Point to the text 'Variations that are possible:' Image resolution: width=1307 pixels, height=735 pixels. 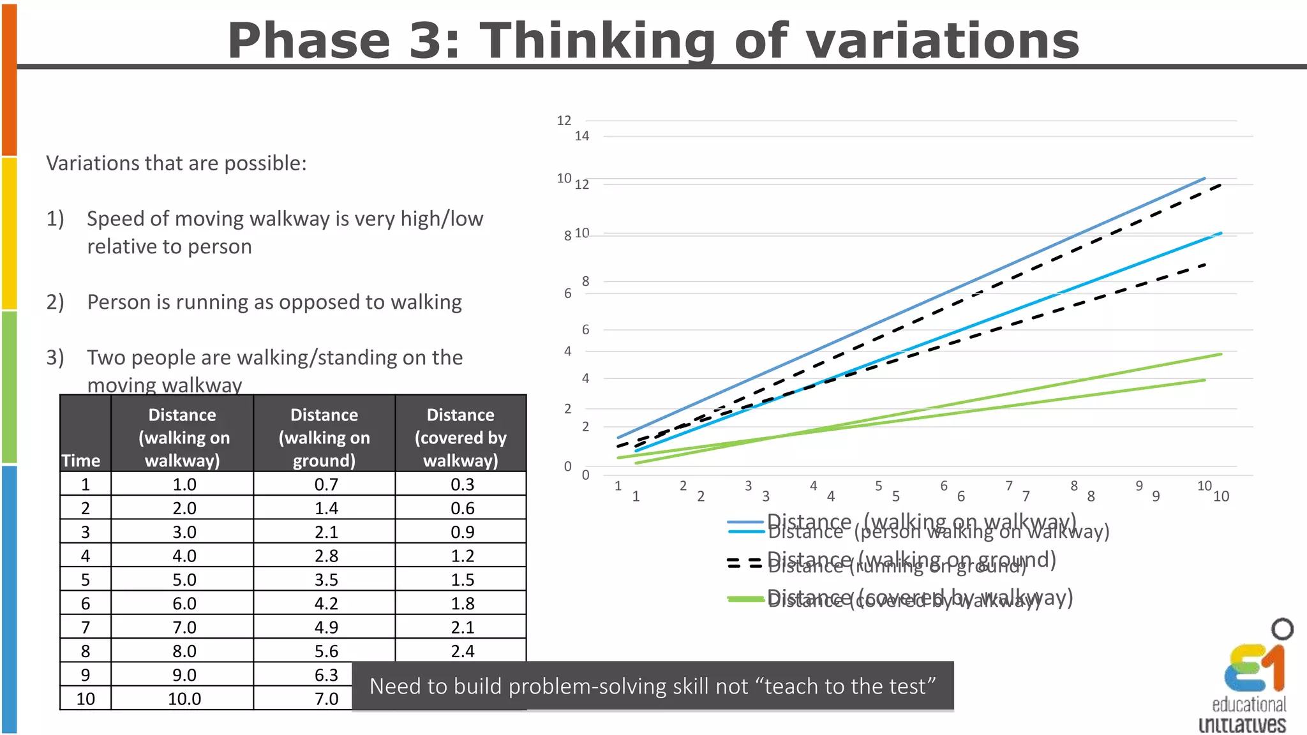point(176,163)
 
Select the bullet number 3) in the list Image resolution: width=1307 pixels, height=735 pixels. point(55,357)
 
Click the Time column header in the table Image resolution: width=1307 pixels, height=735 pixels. point(81,461)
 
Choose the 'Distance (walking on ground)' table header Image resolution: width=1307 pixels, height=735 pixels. point(324,438)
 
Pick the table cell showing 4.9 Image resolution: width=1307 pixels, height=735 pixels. point(326,627)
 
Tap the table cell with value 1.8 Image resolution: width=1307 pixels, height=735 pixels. point(462,604)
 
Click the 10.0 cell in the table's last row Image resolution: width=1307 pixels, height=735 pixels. point(184,699)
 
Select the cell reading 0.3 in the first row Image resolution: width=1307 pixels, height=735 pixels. point(462,484)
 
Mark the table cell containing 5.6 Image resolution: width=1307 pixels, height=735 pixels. point(326,651)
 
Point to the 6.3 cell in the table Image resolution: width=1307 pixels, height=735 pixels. point(326,675)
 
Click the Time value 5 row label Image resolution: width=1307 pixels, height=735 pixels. point(86,580)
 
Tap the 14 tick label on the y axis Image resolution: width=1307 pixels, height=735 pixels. point(581,136)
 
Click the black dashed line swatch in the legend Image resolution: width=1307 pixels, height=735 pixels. point(745,563)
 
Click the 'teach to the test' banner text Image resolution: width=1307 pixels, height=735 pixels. point(652,686)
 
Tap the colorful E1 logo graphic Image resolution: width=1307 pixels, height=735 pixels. point(1255,667)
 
